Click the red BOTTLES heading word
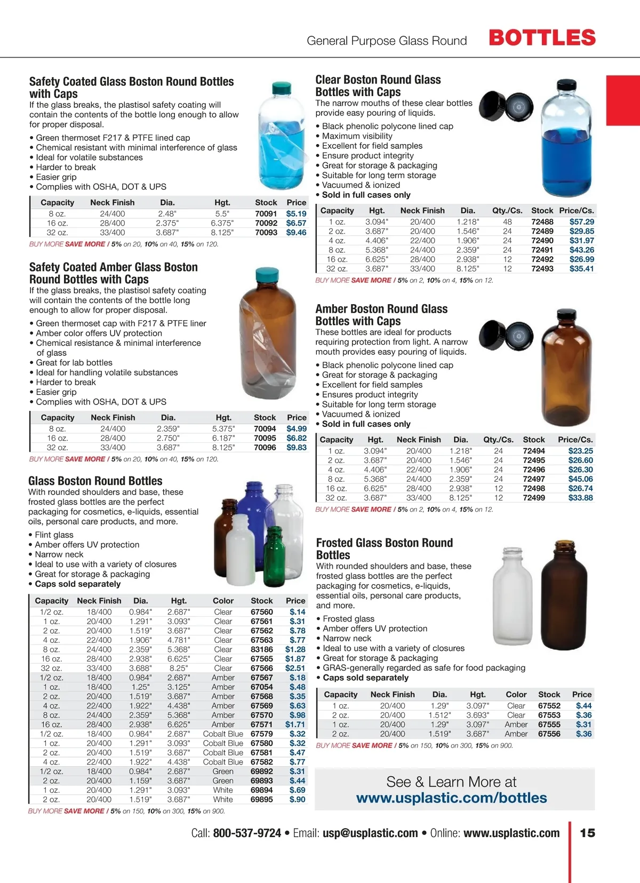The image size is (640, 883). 542,38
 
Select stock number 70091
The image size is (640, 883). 266,213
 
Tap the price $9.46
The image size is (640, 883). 296,233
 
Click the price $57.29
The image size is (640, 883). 581,221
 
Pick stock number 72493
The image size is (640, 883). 542,269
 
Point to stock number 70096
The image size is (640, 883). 265,448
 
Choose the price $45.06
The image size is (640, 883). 580,479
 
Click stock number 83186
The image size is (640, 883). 261,649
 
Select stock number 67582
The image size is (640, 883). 261,762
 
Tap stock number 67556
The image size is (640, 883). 549,734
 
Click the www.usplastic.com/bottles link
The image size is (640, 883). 451,798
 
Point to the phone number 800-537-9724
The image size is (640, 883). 247,833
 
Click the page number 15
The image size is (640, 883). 587,833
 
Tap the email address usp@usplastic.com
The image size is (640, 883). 370,833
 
